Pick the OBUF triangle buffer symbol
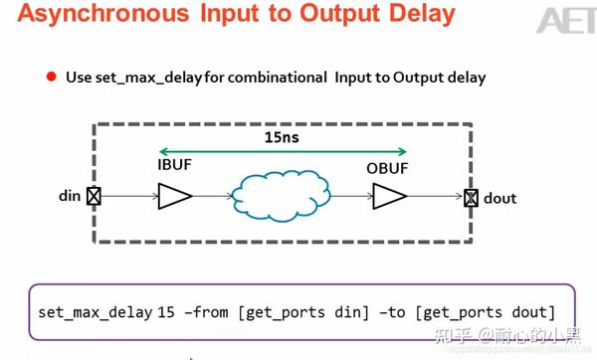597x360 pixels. pos(386,198)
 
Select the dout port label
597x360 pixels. pos(499,198)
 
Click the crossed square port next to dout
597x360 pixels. pos(471,198)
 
